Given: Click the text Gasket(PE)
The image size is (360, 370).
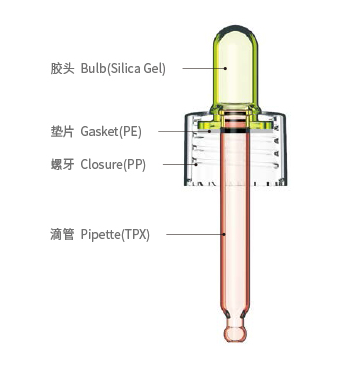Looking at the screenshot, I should [x=110, y=132].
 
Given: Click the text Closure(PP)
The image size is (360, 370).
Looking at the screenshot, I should [x=112, y=164].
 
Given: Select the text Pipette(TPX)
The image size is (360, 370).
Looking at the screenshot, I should [x=117, y=236].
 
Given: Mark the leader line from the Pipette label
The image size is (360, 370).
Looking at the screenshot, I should [x=195, y=236].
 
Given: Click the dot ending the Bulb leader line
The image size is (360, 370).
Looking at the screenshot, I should [x=226, y=68].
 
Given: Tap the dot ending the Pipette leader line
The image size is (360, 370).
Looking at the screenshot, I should [x=224, y=236].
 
